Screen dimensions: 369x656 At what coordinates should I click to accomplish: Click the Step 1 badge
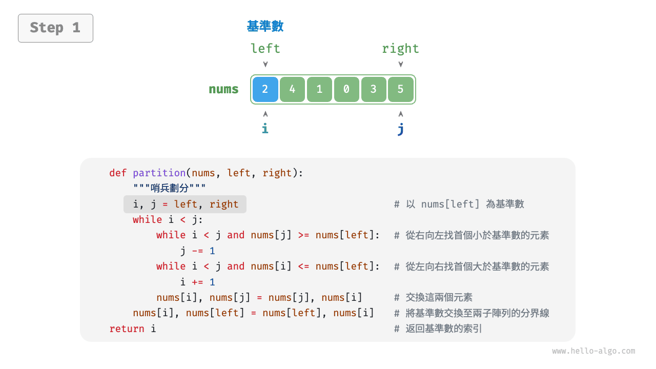click(55, 28)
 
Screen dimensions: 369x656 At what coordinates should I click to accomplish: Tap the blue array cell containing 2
click(265, 89)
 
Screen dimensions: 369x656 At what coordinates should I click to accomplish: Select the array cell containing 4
click(292, 89)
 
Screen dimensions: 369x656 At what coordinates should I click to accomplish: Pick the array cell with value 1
click(319, 89)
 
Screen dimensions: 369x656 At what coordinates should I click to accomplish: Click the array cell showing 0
click(346, 89)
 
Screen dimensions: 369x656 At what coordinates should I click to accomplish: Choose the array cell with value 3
click(374, 89)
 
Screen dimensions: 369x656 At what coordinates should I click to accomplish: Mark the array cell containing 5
click(401, 89)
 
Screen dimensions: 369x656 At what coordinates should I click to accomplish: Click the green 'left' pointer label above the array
click(265, 49)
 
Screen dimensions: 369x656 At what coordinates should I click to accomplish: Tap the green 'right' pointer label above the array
click(400, 49)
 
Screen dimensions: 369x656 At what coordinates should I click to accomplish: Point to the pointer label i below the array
click(265, 128)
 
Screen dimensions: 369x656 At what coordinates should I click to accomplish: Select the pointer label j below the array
click(400, 129)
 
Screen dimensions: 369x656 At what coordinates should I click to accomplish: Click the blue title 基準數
click(265, 26)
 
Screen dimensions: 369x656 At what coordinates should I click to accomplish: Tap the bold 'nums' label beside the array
click(223, 89)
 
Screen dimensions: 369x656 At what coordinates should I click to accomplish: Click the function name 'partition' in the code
click(159, 173)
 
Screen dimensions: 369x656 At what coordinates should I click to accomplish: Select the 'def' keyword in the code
click(118, 173)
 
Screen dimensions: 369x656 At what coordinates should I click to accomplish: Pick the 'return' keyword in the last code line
click(127, 329)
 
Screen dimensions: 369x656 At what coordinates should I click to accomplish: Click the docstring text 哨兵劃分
click(169, 189)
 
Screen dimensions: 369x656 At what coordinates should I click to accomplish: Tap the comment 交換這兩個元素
click(439, 298)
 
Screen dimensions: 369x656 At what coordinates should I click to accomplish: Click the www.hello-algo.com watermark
click(593, 351)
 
